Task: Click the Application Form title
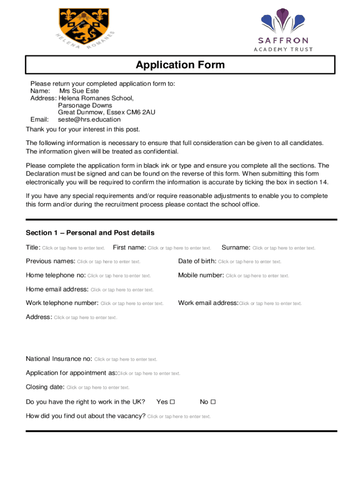point(180,65)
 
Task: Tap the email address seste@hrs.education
point(89,119)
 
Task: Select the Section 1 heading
point(90,233)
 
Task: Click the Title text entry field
point(73,248)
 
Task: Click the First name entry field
point(180,248)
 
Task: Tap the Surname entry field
point(284,248)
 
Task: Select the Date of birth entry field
point(250,262)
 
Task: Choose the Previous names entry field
point(108,262)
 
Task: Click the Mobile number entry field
point(258,276)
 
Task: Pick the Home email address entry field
point(122,290)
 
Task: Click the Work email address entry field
point(270,304)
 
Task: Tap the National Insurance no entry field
point(126,360)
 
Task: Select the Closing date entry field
point(98,388)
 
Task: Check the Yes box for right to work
point(172,402)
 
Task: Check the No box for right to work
point(213,402)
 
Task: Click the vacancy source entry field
point(179,416)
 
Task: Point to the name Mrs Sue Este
point(79,91)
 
